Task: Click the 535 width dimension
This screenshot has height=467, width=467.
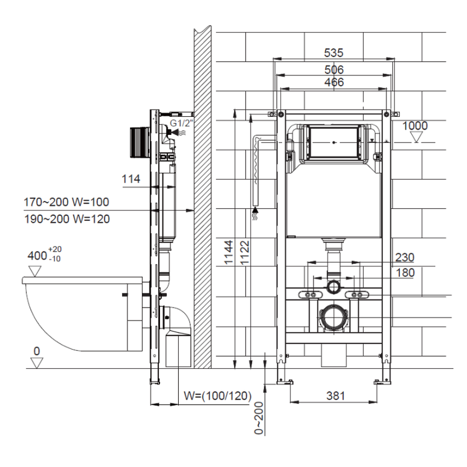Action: click(333, 53)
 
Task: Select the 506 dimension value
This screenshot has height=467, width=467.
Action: click(334, 69)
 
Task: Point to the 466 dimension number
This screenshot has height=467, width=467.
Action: click(334, 82)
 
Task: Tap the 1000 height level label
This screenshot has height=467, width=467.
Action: click(415, 126)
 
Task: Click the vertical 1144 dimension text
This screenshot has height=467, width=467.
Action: click(228, 253)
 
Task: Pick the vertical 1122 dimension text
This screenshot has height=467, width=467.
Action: click(245, 253)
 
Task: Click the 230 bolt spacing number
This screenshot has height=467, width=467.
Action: click(405, 257)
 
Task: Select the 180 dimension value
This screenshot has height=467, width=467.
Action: click(405, 273)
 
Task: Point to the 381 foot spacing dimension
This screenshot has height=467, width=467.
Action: click(335, 396)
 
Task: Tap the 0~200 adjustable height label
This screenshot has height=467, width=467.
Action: click(259, 418)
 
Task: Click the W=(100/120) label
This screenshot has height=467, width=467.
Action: click(217, 396)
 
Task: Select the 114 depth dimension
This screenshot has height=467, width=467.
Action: click(131, 179)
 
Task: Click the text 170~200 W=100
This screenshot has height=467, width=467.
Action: click(66, 202)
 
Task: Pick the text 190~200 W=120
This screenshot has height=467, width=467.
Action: click(67, 219)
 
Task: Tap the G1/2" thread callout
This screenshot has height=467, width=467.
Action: click(182, 123)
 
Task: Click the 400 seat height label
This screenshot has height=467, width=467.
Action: click(44, 254)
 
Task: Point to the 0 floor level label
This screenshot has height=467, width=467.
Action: click(37, 351)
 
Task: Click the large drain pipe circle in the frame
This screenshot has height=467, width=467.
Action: click(333, 318)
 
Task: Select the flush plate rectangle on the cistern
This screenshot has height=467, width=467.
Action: click(333, 142)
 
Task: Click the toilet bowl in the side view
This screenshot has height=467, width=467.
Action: click(83, 314)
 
